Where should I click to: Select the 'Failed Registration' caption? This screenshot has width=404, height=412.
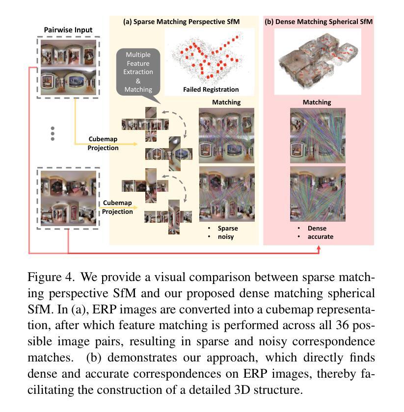(211, 90)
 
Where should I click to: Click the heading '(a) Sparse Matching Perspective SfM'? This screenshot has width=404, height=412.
(184, 22)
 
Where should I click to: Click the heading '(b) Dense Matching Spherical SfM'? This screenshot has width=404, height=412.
(318, 22)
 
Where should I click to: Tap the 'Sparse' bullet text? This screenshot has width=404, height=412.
(228, 229)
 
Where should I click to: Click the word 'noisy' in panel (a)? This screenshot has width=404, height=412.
(226, 237)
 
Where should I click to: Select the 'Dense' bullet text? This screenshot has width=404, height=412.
(317, 229)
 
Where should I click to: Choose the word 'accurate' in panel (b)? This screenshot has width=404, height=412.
(320, 237)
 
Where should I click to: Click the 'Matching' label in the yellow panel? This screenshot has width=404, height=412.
(226, 103)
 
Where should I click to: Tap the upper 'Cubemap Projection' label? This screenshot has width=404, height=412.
(103, 144)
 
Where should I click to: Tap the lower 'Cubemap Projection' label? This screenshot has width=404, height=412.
(117, 207)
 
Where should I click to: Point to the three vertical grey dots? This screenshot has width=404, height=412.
(53, 133)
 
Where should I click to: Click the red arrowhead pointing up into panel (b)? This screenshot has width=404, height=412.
(319, 249)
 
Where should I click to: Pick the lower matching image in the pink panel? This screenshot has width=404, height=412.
(318, 194)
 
